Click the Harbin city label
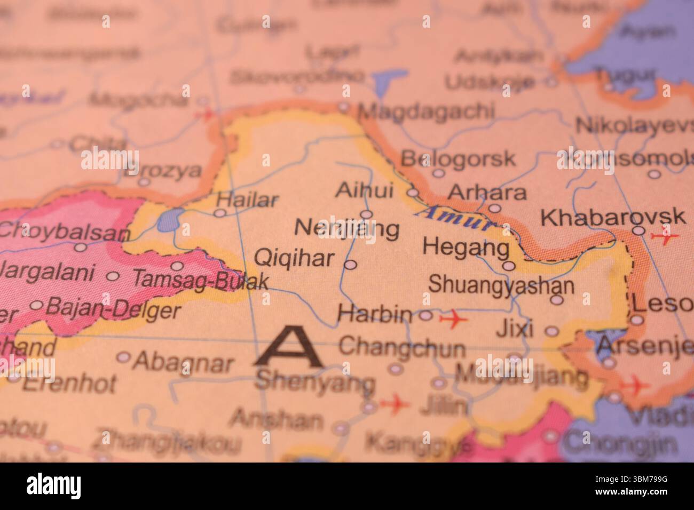click(374, 315)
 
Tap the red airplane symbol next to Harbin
click(453, 319)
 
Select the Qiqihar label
click(294, 259)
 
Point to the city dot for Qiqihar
click(350, 265)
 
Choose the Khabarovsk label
click(613, 218)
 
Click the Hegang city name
click(466, 247)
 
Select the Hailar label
click(248, 201)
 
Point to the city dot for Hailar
click(219, 213)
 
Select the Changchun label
click(401, 348)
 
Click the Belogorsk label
click(458, 158)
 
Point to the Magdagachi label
click(425, 111)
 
